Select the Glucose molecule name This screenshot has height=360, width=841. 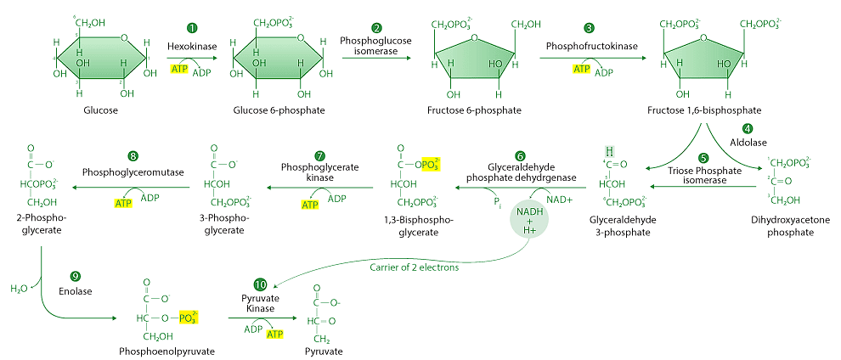click(x=100, y=110)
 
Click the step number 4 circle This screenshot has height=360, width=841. click(x=748, y=129)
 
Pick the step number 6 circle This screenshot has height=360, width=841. click(x=520, y=155)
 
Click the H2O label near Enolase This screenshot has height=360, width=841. click(x=18, y=289)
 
